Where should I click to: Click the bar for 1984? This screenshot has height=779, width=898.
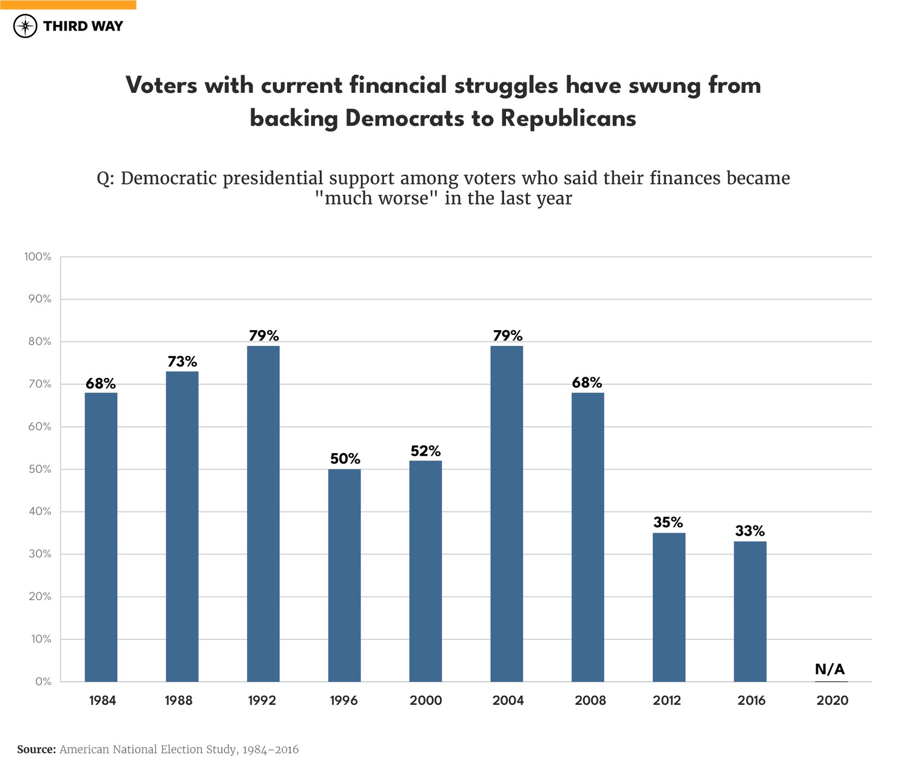click(x=101, y=537)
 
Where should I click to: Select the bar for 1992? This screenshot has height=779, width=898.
click(x=263, y=513)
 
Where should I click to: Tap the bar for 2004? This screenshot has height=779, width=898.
click(x=507, y=513)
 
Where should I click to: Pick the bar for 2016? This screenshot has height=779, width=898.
click(x=750, y=611)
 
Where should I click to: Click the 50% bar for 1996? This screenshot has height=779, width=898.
click(x=345, y=575)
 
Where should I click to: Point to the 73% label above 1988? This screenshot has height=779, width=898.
click(x=182, y=362)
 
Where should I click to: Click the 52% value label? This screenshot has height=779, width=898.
click(x=425, y=451)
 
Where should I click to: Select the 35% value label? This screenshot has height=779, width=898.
click(x=668, y=522)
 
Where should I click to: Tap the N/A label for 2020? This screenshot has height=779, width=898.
click(x=830, y=669)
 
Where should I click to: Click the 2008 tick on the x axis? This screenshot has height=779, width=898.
click(x=590, y=701)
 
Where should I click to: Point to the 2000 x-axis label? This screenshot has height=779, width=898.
click(x=425, y=701)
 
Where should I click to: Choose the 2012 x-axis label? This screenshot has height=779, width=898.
click(x=667, y=701)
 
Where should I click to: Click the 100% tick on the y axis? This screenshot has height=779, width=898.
click(x=38, y=257)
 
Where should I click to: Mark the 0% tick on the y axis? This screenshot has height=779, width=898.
click(x=42, y=681)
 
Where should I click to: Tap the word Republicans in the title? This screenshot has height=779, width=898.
click(x=568, y=118)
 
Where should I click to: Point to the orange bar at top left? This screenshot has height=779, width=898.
click(x=68, y=4)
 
